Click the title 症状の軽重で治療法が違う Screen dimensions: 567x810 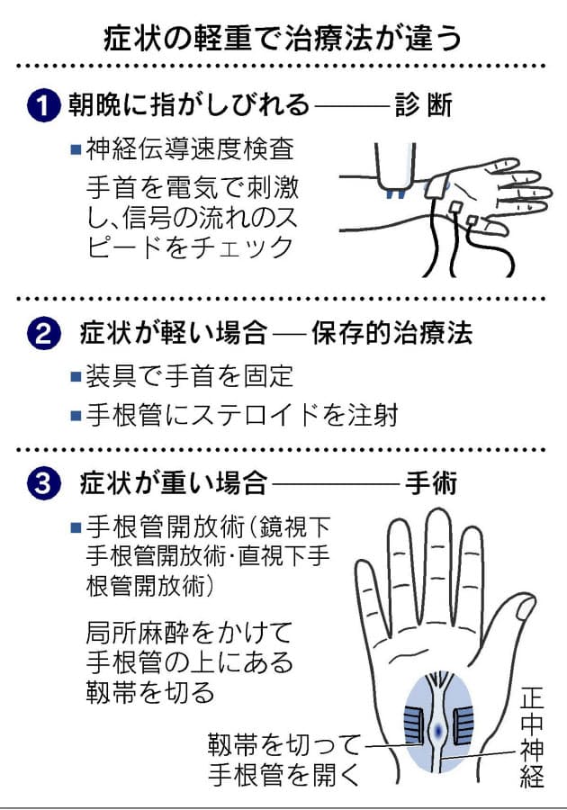pyautogui.click(x=283, y=38)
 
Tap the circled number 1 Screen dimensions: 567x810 pyautogui.click(x=43, y=105)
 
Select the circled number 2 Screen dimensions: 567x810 pyautogui.click(x=43, y=333)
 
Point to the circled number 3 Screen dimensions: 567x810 pyautogui.click(x=43, y=483)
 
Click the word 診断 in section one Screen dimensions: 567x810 pyautogui.click(x=423, y=105)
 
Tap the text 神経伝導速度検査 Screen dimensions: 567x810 pyautogui.click(x=190, y=149)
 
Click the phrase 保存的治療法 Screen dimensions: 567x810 pyautogui.click(x=391, y=333)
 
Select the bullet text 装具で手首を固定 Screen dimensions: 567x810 pyautogui.click(x=190, y=375)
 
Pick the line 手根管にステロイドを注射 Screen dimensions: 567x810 pyautogui.click(x=242, y=415)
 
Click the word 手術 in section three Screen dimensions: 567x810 pyautogui.click(x=431, y=483)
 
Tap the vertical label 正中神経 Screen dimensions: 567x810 pyautogui.click(x=533, y=735)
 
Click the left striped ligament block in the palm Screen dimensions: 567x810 pyautogui.click(x=414, y=726)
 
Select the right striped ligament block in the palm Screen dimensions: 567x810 pyautogui.click(x=463, y=726)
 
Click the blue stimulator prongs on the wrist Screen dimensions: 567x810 pyautogui.click(x=396, y=194)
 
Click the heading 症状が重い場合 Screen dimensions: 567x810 pyautogui.click(x=174, y=483)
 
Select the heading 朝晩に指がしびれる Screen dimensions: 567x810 pyautogui.click(x=189, y=105)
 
